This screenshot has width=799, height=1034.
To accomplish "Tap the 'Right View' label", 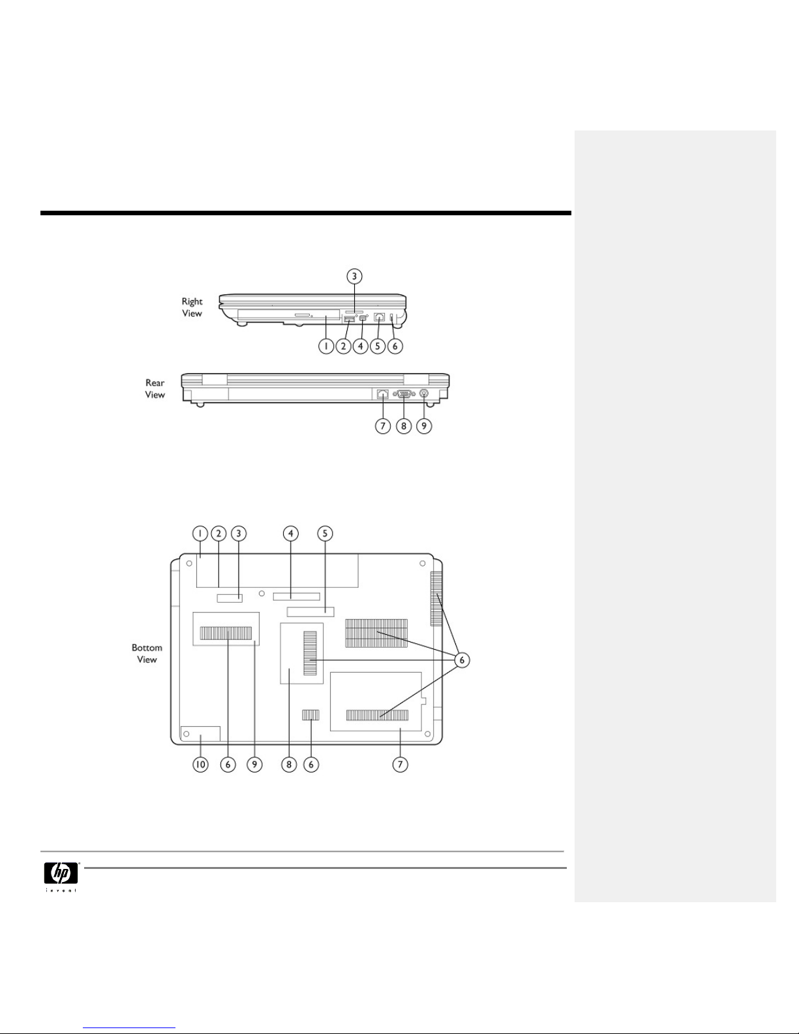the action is (192, 307).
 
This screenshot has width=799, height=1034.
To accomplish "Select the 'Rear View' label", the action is (155, 389).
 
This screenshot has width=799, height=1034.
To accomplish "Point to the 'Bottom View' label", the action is (147, 653).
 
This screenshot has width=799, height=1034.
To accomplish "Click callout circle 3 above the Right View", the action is (354, 277).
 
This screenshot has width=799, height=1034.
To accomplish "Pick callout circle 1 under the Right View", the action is (325, 346).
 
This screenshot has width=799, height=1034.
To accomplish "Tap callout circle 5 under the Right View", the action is (378, 346).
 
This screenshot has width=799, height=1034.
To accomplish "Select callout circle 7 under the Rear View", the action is (383, 425).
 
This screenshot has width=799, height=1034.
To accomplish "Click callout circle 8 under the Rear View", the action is (404, 425).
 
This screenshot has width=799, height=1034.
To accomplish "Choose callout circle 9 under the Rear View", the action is (424, 425).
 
